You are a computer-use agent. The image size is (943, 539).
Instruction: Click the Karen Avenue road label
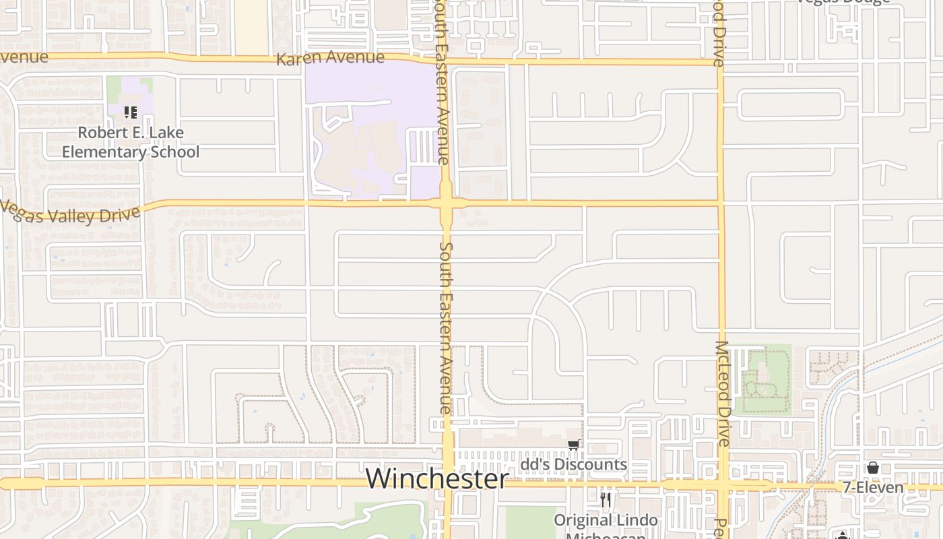(330, 58)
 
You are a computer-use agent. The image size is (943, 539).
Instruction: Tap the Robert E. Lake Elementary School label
(131, 142)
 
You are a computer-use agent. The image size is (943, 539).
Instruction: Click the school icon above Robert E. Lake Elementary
(131, 113)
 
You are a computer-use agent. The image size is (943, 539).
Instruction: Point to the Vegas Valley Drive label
(71, 213)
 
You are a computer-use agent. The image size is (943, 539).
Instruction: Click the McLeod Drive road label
(722, 393)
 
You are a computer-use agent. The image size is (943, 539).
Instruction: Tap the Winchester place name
(437, 478)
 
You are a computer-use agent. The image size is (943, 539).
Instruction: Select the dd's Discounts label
(574, 465)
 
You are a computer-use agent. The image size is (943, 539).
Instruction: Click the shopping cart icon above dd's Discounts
(573, 445)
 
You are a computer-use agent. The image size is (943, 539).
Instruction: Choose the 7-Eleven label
(873, 487)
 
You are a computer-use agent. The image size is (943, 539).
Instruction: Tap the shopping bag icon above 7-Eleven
(873, 468)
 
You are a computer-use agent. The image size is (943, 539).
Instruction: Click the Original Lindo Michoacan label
(606, 521)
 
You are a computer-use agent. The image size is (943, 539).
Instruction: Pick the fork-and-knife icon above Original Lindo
(606, 500)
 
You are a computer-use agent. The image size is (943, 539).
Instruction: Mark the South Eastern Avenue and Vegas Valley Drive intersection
(446, 203)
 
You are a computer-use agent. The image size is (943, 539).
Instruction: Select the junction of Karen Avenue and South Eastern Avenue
(443, 61)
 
